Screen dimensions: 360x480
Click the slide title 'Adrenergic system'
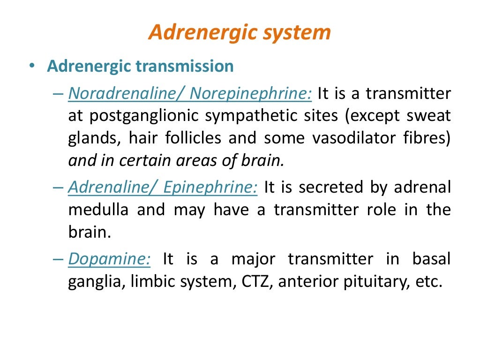(x=240, y=33)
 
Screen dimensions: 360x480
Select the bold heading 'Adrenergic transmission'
(x=140, y=66)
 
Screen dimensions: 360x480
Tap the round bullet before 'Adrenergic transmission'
(x=31, y=67)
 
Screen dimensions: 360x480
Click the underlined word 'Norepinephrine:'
(x=251, y=94)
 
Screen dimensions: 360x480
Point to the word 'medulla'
(x=98, y=210)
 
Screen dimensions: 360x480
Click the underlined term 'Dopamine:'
(x=109, y=260)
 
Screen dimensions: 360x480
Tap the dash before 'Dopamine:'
(x=59, y=260)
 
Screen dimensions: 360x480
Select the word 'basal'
(x=432, y=259)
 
